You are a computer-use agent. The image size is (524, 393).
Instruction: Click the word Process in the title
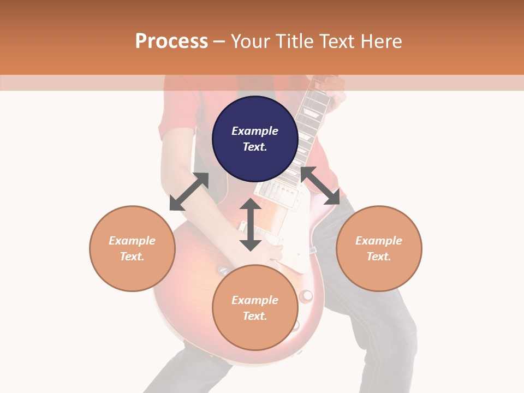[171, 41]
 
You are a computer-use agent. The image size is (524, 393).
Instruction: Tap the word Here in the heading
[381, 41]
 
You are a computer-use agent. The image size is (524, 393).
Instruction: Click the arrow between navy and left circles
[189, 192]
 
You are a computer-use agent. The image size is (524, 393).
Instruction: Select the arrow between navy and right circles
[320, 186]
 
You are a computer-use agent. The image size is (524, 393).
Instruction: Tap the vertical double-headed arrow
[251, 224]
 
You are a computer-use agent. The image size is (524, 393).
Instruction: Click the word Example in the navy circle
[255, 131]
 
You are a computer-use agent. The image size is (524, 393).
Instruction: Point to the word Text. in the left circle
[132, 257]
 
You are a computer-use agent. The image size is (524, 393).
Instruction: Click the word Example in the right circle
[379, 241]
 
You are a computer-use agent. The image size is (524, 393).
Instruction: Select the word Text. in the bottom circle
[255, 316]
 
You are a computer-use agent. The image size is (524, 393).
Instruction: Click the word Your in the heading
[249, 41]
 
